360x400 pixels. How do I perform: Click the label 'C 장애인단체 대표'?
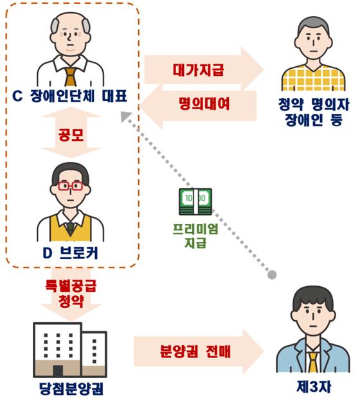coord(69,96)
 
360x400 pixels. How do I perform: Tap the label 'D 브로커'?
coord(70,253)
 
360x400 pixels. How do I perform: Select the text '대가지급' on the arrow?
coord(199,69)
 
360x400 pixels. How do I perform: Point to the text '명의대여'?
coord(204,104)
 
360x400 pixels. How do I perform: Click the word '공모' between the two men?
coord(71,134)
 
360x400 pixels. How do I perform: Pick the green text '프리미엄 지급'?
coord(195,236)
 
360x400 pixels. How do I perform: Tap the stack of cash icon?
coord(195,201)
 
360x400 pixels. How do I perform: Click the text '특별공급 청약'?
coord(71,294)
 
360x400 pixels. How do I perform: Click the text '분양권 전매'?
coord(195,351)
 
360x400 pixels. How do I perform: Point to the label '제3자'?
coord(314,386)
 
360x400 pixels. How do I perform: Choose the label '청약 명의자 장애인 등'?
coord(314,112)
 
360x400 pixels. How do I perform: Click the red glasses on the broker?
coord(70,186)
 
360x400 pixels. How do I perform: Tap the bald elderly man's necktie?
coord(70,77)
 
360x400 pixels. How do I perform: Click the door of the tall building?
coord(58,371)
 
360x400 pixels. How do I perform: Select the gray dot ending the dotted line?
coord(273,275)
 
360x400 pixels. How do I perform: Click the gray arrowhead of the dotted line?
coord(125,116)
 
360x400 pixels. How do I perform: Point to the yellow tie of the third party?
coord(313,361)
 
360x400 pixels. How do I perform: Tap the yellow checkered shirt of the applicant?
coord(313,78)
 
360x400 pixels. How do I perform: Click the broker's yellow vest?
coord(70,228)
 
